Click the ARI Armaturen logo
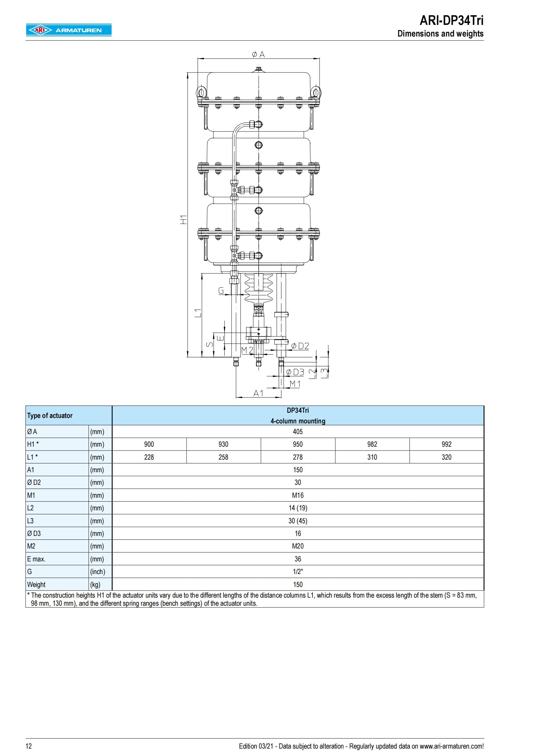click(x=69, y=30)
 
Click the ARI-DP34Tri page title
click(x=451, y=21)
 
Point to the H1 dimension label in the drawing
click(x=183, y=219)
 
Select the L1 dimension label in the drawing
click(x=198, y=313)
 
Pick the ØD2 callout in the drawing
click(x=300, y=346)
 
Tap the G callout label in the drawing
click(x=221, y=291)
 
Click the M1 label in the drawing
click(x=295, y=384)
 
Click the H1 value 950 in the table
click(x=298, y=444)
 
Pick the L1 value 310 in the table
click(x=372, y=457)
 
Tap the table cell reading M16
click(x=298, y=495)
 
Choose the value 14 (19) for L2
click(x=298, y=508)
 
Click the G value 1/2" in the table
click(x=298, y=572)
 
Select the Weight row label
click(x=36, y=584)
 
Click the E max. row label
click(x=36, y=559)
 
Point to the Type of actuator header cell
click(x=50, y=416)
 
